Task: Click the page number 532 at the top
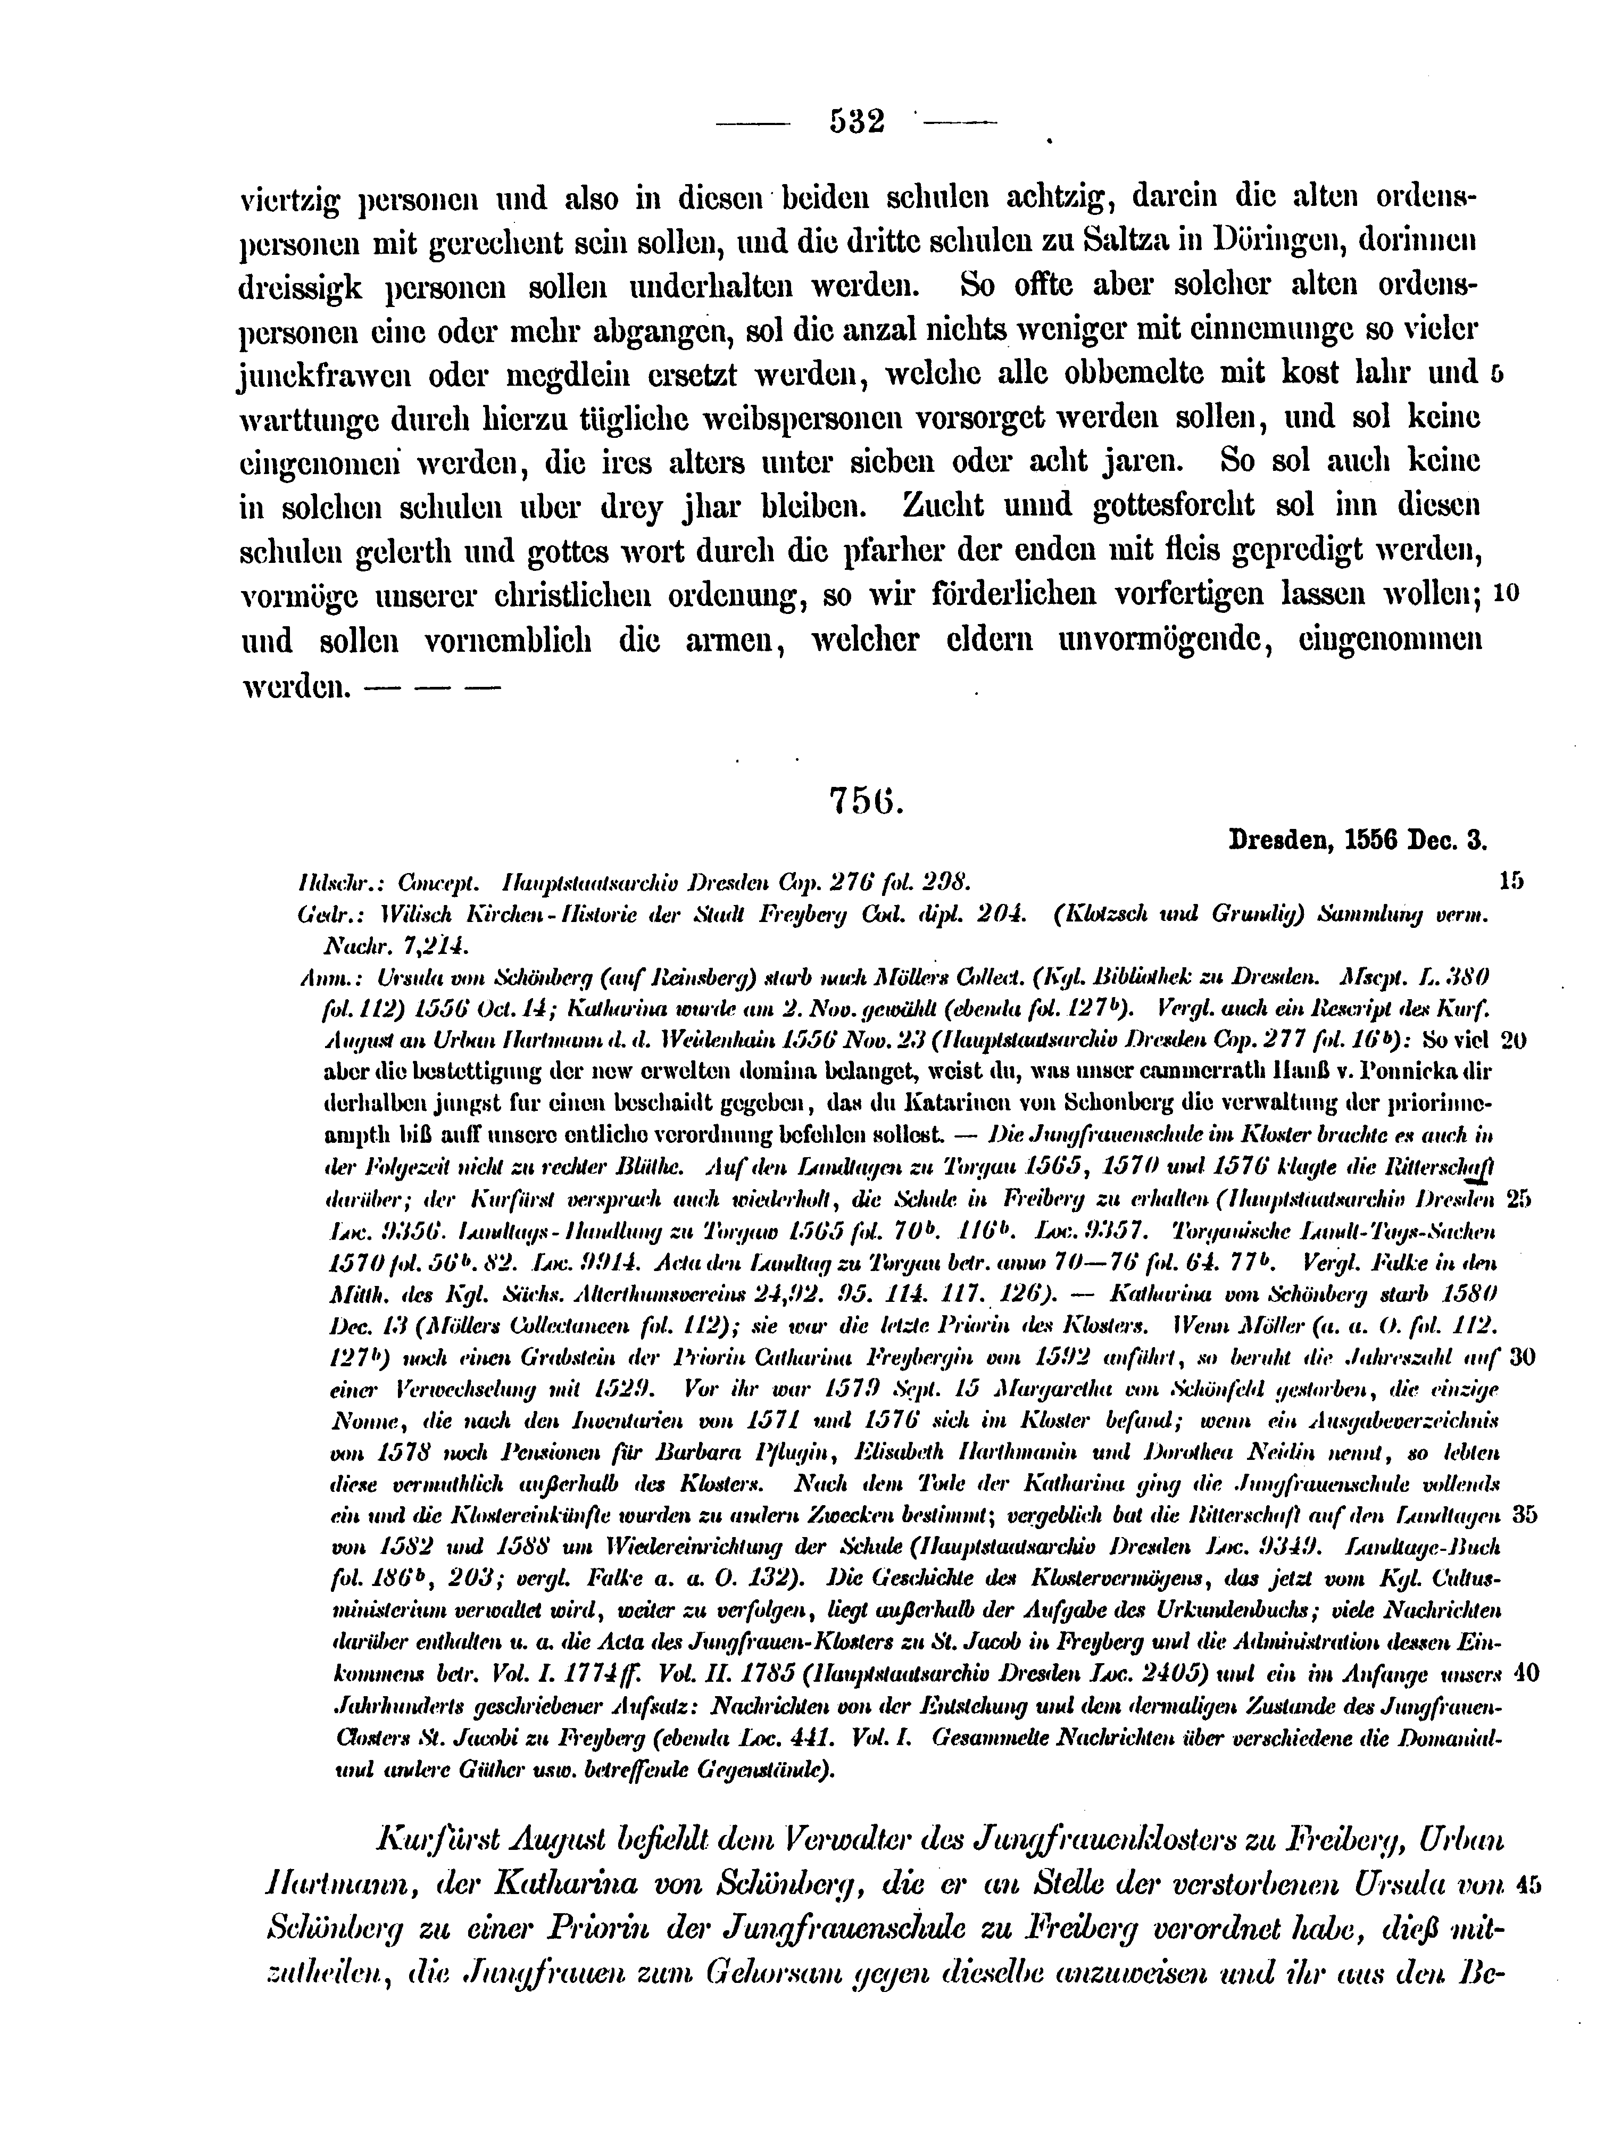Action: click(x=857, y=122)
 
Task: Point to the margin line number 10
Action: click(x=1506, y=594)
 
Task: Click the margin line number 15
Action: click(x=1511, y=880)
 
